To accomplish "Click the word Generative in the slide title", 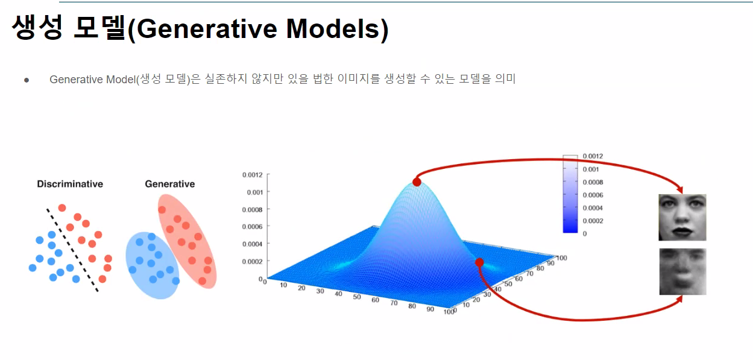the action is pos(207,29).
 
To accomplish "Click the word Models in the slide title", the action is pos(333,29).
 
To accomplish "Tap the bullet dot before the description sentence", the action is pos(27,80).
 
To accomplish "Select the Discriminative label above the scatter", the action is pos(70,184).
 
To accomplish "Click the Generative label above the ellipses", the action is pos(170,184).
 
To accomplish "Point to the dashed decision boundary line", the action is pos(72,250).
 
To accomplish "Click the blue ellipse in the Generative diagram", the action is pos(153,265).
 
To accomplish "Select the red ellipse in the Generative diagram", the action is pos(187,241).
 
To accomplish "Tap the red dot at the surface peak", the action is pos(417,182).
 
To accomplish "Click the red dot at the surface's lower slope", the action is pos(479,262).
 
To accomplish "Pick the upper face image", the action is pos(682,218).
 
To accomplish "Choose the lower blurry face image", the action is pos(682,271).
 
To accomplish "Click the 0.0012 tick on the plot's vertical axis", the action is pos(252,175).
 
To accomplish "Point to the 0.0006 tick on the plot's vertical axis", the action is pos(252,227).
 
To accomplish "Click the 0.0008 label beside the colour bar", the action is pos(593,182).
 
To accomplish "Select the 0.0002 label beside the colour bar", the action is pos(593,221).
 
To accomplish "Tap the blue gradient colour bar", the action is pos(570,194).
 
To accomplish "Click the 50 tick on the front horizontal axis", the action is pos(357,297).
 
